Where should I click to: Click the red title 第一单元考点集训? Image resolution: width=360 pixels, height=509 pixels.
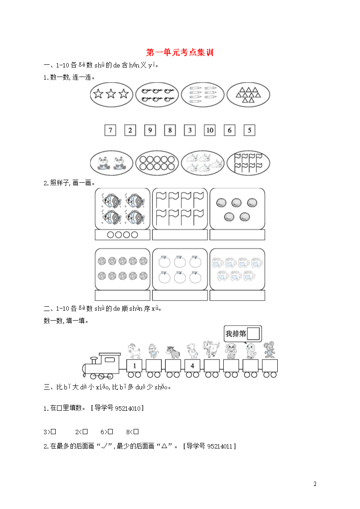[x=180, y=52]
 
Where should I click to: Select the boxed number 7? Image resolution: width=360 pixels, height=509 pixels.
[x=110, y=130]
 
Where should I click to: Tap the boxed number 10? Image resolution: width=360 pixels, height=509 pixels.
[x=209, y=130]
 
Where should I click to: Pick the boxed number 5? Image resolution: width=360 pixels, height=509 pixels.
[x=249, y=130]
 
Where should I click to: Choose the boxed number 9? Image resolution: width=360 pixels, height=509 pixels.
[x=150, y=130]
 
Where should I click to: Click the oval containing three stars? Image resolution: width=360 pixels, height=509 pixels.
[x=111, y=94]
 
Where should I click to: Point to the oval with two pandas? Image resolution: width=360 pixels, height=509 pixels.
[x=111, y=163]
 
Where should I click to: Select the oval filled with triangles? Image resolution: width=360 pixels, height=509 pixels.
[x=248, y=94]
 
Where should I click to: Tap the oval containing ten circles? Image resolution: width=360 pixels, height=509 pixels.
[x=157, y=163]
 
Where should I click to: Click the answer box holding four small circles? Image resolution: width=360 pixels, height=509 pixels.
[x=122, y=234]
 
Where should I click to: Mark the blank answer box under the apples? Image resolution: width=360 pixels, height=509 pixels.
[x=180, y=295]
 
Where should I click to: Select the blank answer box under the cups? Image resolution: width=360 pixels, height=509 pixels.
[x=237, y=295]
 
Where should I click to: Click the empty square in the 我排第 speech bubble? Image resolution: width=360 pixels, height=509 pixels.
[x=253, y=334]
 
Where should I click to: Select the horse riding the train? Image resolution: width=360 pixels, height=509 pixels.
[x=173, y=352]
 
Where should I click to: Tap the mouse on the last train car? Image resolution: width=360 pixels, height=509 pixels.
[x=269, y=350]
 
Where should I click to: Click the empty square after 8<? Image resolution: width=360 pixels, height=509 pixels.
[x=136, y=432]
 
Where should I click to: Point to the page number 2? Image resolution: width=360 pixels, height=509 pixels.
[x=315, y=484]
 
